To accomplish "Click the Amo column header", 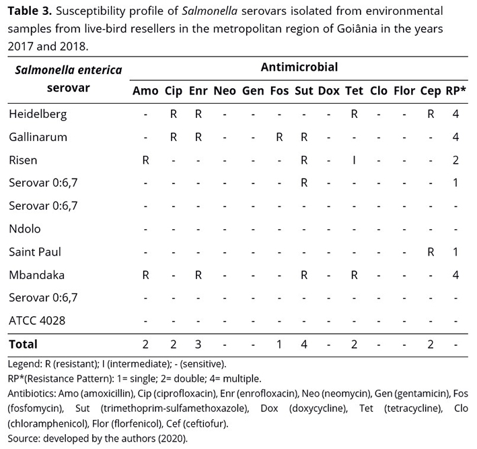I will coord(145,91).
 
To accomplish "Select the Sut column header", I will coord(304,91).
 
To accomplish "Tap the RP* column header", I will coord(456,91).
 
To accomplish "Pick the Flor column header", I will coord(404,91).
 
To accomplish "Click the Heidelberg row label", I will coord(38,115).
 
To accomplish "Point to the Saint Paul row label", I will coord(35,251).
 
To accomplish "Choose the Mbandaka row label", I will coord(36,274).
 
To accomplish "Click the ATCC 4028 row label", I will coord(37,320).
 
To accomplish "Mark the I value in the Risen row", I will coord(354,160).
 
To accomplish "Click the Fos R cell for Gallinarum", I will coord(279,138).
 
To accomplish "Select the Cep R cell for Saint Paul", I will coord(430,251).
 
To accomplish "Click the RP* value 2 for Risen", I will coord(456,160).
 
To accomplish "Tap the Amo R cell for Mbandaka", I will coord(145,274).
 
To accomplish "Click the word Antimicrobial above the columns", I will coord(300,67).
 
